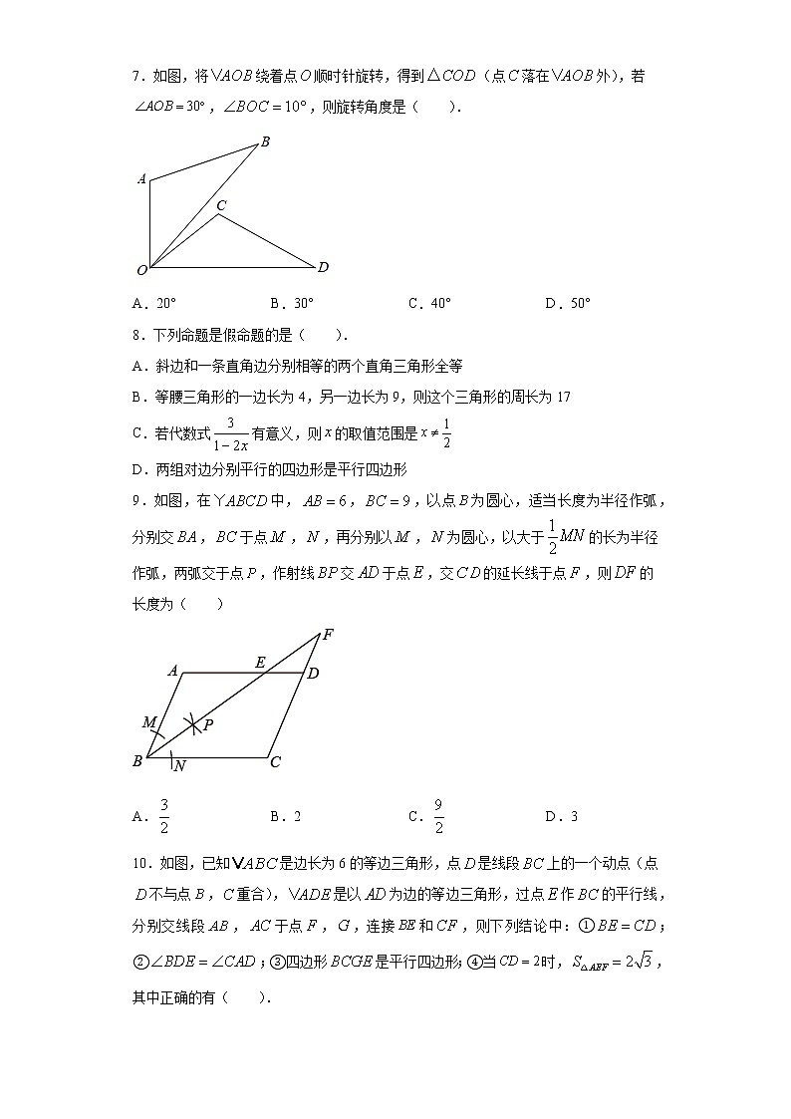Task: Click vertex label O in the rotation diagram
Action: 141,270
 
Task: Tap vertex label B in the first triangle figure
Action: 265,142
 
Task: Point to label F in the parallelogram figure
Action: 328,634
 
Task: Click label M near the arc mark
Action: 148,721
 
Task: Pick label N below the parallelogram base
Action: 179,766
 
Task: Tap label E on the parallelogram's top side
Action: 260,662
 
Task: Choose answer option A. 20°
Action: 153,304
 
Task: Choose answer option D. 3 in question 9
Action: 561,816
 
